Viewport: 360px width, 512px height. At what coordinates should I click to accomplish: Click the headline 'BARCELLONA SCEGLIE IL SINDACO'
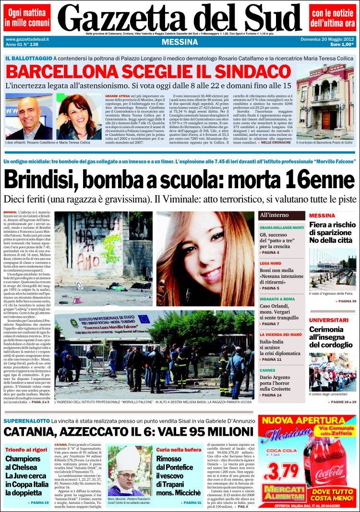(148, 72)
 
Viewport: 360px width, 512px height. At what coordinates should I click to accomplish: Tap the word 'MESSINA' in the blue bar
(180, 42)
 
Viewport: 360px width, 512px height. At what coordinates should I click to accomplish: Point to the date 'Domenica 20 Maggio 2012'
(327, 39)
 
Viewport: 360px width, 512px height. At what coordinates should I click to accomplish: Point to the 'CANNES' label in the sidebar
(268, 370)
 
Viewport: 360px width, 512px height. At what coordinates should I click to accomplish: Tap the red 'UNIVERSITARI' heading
(328, 320)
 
